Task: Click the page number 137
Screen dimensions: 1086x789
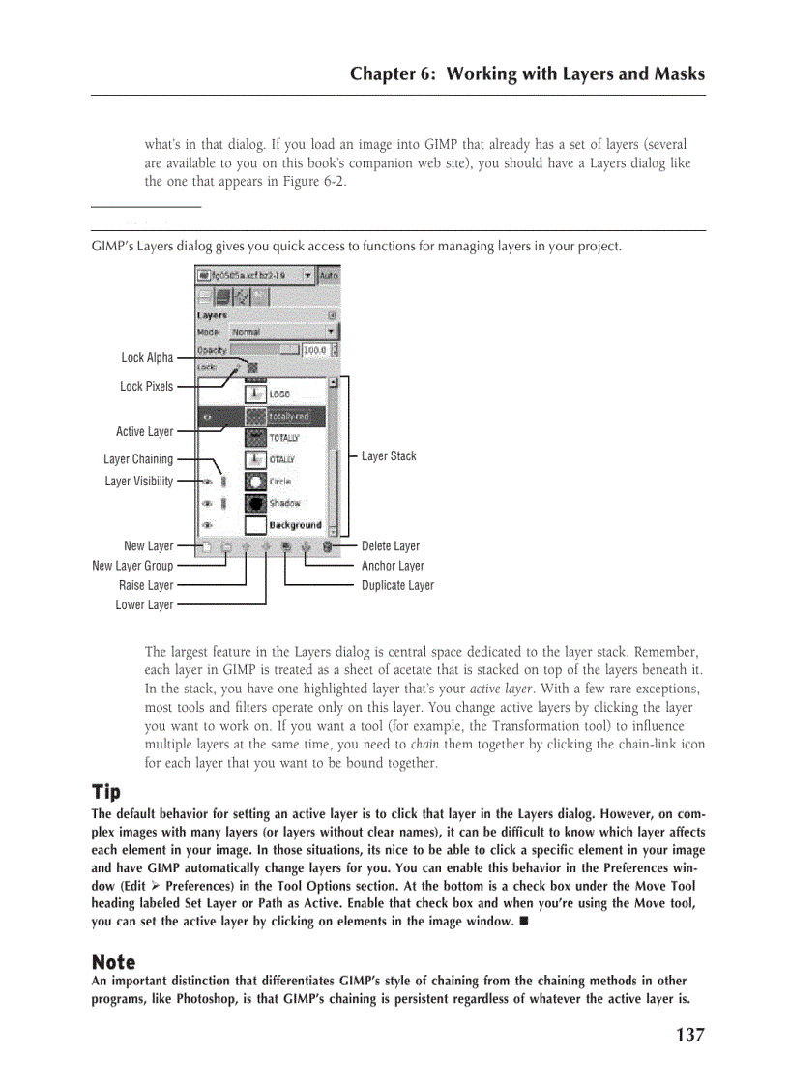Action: (689, 1035)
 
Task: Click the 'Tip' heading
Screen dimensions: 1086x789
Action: (105, 792)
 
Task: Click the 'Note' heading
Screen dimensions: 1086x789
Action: (113, 962)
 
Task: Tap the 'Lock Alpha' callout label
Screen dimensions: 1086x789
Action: (147, 358)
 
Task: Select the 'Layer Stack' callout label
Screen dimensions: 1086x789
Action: (389, 456)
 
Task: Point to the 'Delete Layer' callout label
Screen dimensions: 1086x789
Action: (391, 546)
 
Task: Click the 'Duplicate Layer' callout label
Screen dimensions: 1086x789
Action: (397, 585)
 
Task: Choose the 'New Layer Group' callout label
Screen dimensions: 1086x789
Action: (132, 566)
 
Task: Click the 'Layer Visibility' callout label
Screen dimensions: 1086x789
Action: (139, 482)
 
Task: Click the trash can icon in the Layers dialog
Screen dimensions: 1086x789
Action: (328, 547)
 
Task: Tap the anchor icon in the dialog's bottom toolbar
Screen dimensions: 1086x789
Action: (307, 547)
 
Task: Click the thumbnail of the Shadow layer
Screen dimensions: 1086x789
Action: (255, 503)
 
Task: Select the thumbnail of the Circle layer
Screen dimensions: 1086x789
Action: (255, 481)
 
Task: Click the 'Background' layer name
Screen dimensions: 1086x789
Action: (295, 525)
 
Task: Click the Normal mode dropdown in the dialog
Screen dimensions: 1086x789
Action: (281, 332)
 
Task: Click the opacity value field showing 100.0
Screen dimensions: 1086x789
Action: (315, 350)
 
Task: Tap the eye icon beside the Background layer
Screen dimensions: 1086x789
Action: (207, 525)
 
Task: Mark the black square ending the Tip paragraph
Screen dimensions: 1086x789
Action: (523, 922)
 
